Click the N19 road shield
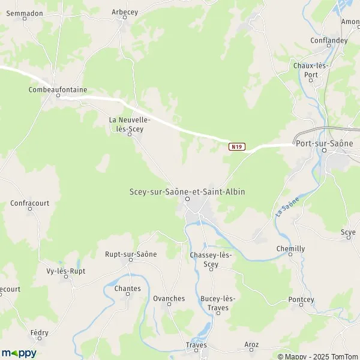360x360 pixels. tap(237, 146)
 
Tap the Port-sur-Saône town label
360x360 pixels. tap(325, 142)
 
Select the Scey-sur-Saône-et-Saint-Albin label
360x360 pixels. tap(187, 191)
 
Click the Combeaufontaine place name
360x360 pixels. tap(58, 90)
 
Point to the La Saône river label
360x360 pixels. tap(287, 211)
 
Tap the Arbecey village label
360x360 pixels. tap(125, 12)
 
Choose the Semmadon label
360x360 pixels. tap(24, 11)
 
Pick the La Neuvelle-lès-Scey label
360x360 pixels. tap(130, 124)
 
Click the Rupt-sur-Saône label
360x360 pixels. tap(131, 254)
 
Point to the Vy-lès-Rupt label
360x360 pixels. tap(66, 271)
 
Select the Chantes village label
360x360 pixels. tap(127, 289)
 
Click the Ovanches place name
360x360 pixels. tap(169, 298)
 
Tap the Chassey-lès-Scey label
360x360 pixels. tap(211, 260)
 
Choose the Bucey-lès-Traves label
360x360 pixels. tap(218, 304)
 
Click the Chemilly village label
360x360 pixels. tap(290, 248)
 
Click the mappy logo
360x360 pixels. tap(19, 353)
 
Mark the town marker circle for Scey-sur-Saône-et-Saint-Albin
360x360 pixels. tap(187, 199)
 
